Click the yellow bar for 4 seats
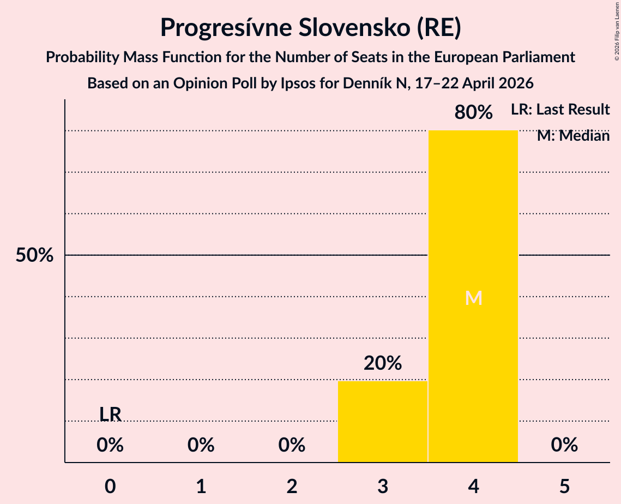tap(473, 296)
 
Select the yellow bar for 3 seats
tap(383, 422)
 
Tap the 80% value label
tap(473, 112)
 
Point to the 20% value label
tap(383, 363)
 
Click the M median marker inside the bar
tap(473, 298)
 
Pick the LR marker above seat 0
tap(110, 414)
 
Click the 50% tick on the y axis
tap(34, 255)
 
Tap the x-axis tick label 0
tap(110, 486)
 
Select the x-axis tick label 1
tap(201, 486)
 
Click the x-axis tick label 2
tap(292, 486)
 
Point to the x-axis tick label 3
tap(383, 486)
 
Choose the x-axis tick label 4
tap(473, 486)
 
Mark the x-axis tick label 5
tap(564, 486)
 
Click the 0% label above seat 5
tap(564, 445)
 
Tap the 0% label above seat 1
tap(201, 445)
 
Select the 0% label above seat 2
tap(292, 445)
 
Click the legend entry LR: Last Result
tap(560, 109)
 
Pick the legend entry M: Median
tap(573, 136)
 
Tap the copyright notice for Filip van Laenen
tap(617, 31)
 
